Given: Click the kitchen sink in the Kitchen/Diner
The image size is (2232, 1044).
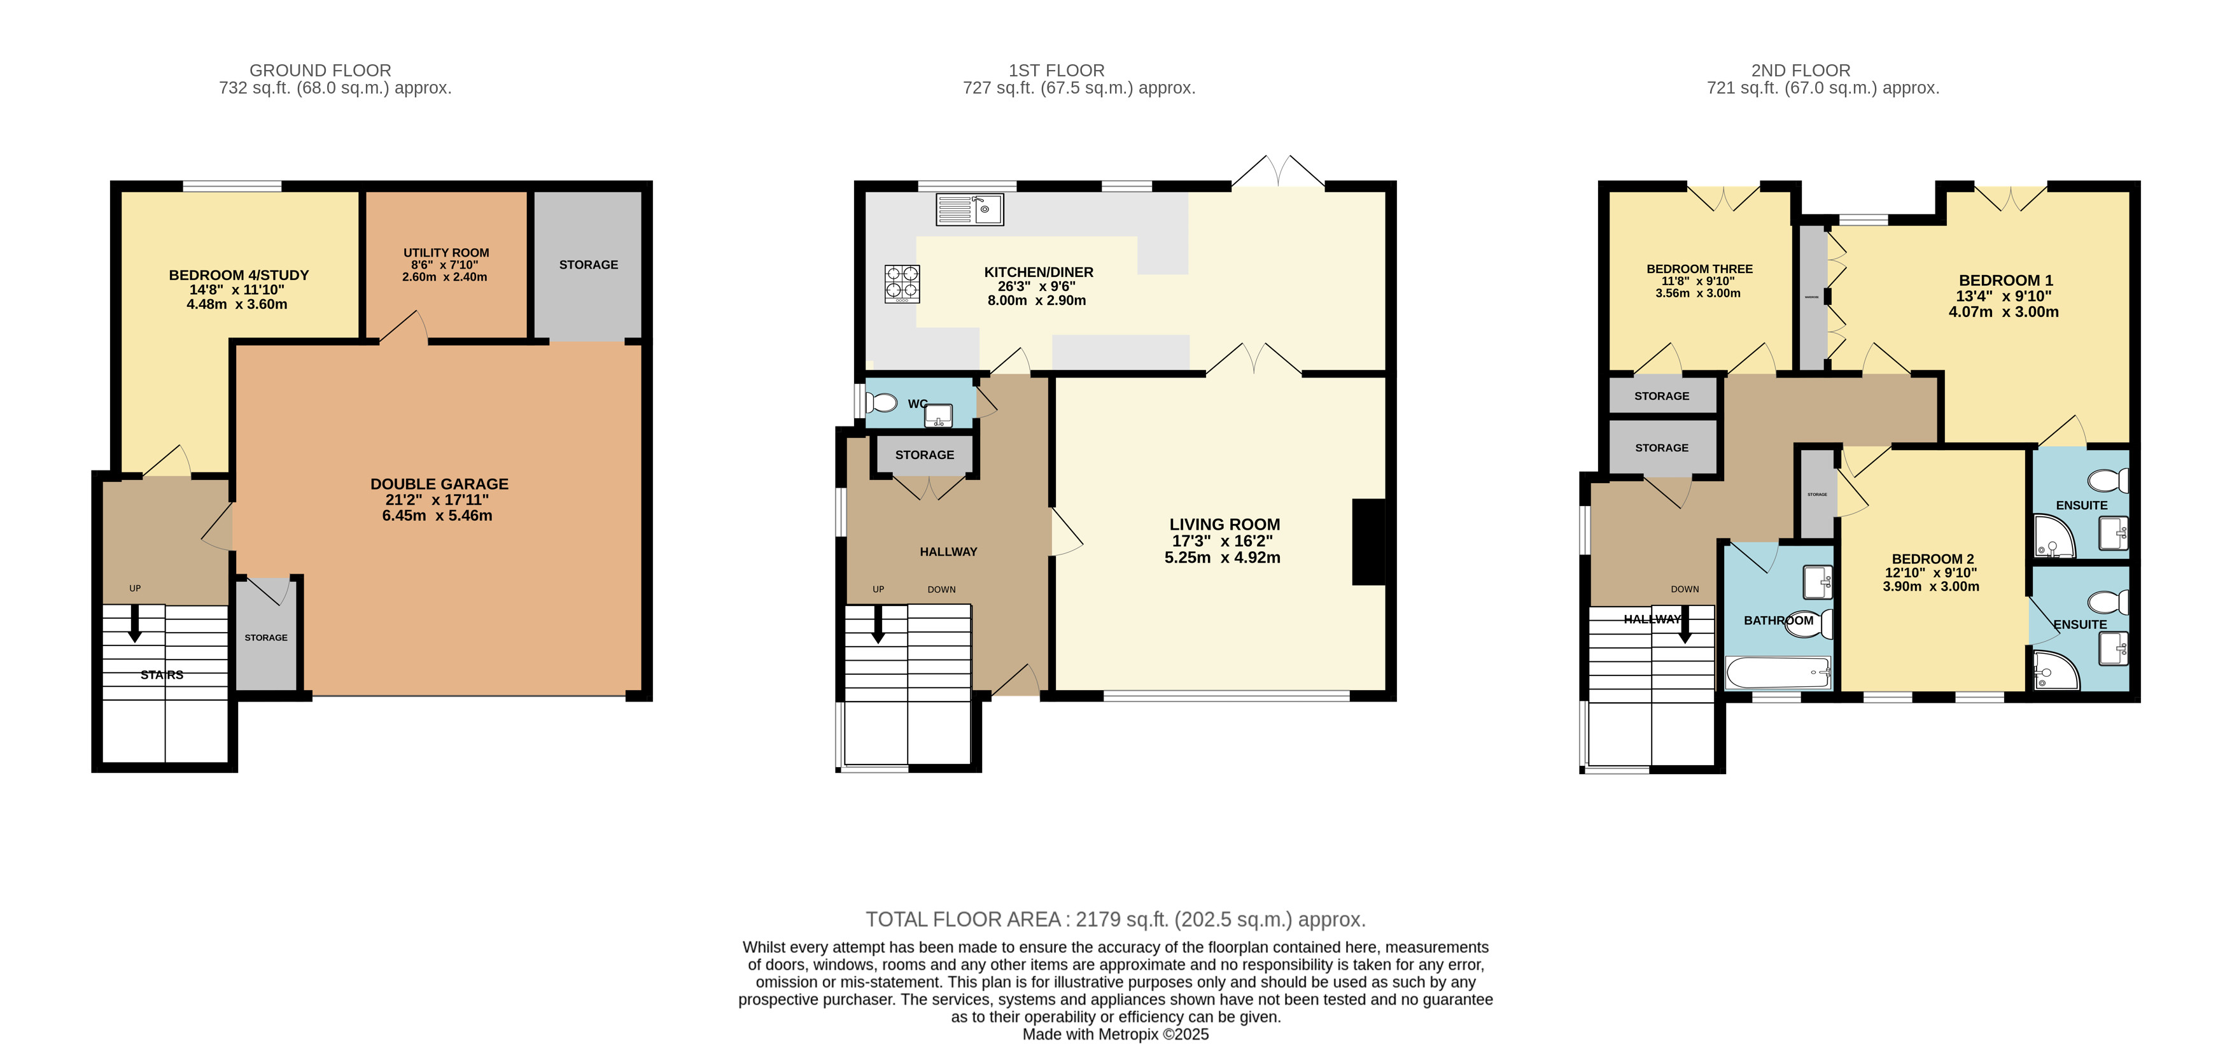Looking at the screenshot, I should (969, 209).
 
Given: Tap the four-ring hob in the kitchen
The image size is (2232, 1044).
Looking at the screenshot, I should (901, 283).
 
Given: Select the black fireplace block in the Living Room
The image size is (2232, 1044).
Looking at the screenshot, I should (1368, 542).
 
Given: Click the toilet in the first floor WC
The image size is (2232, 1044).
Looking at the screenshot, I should (881, 403).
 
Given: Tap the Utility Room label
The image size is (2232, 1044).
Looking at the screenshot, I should (446, 253).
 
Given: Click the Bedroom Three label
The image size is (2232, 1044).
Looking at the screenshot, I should (1699, 269).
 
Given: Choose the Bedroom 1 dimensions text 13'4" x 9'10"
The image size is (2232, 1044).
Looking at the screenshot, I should (2004, 296).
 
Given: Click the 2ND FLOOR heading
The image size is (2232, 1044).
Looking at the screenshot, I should (1800, 70).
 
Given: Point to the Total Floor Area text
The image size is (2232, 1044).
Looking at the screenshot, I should (1115, 919).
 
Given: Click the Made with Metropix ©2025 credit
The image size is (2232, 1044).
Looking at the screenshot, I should (1115, 1034).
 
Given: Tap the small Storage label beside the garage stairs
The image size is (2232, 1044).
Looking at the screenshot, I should (266, 638).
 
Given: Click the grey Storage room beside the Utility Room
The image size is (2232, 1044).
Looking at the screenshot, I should (588, 265).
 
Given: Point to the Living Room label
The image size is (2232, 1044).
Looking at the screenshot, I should (1225, 524).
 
